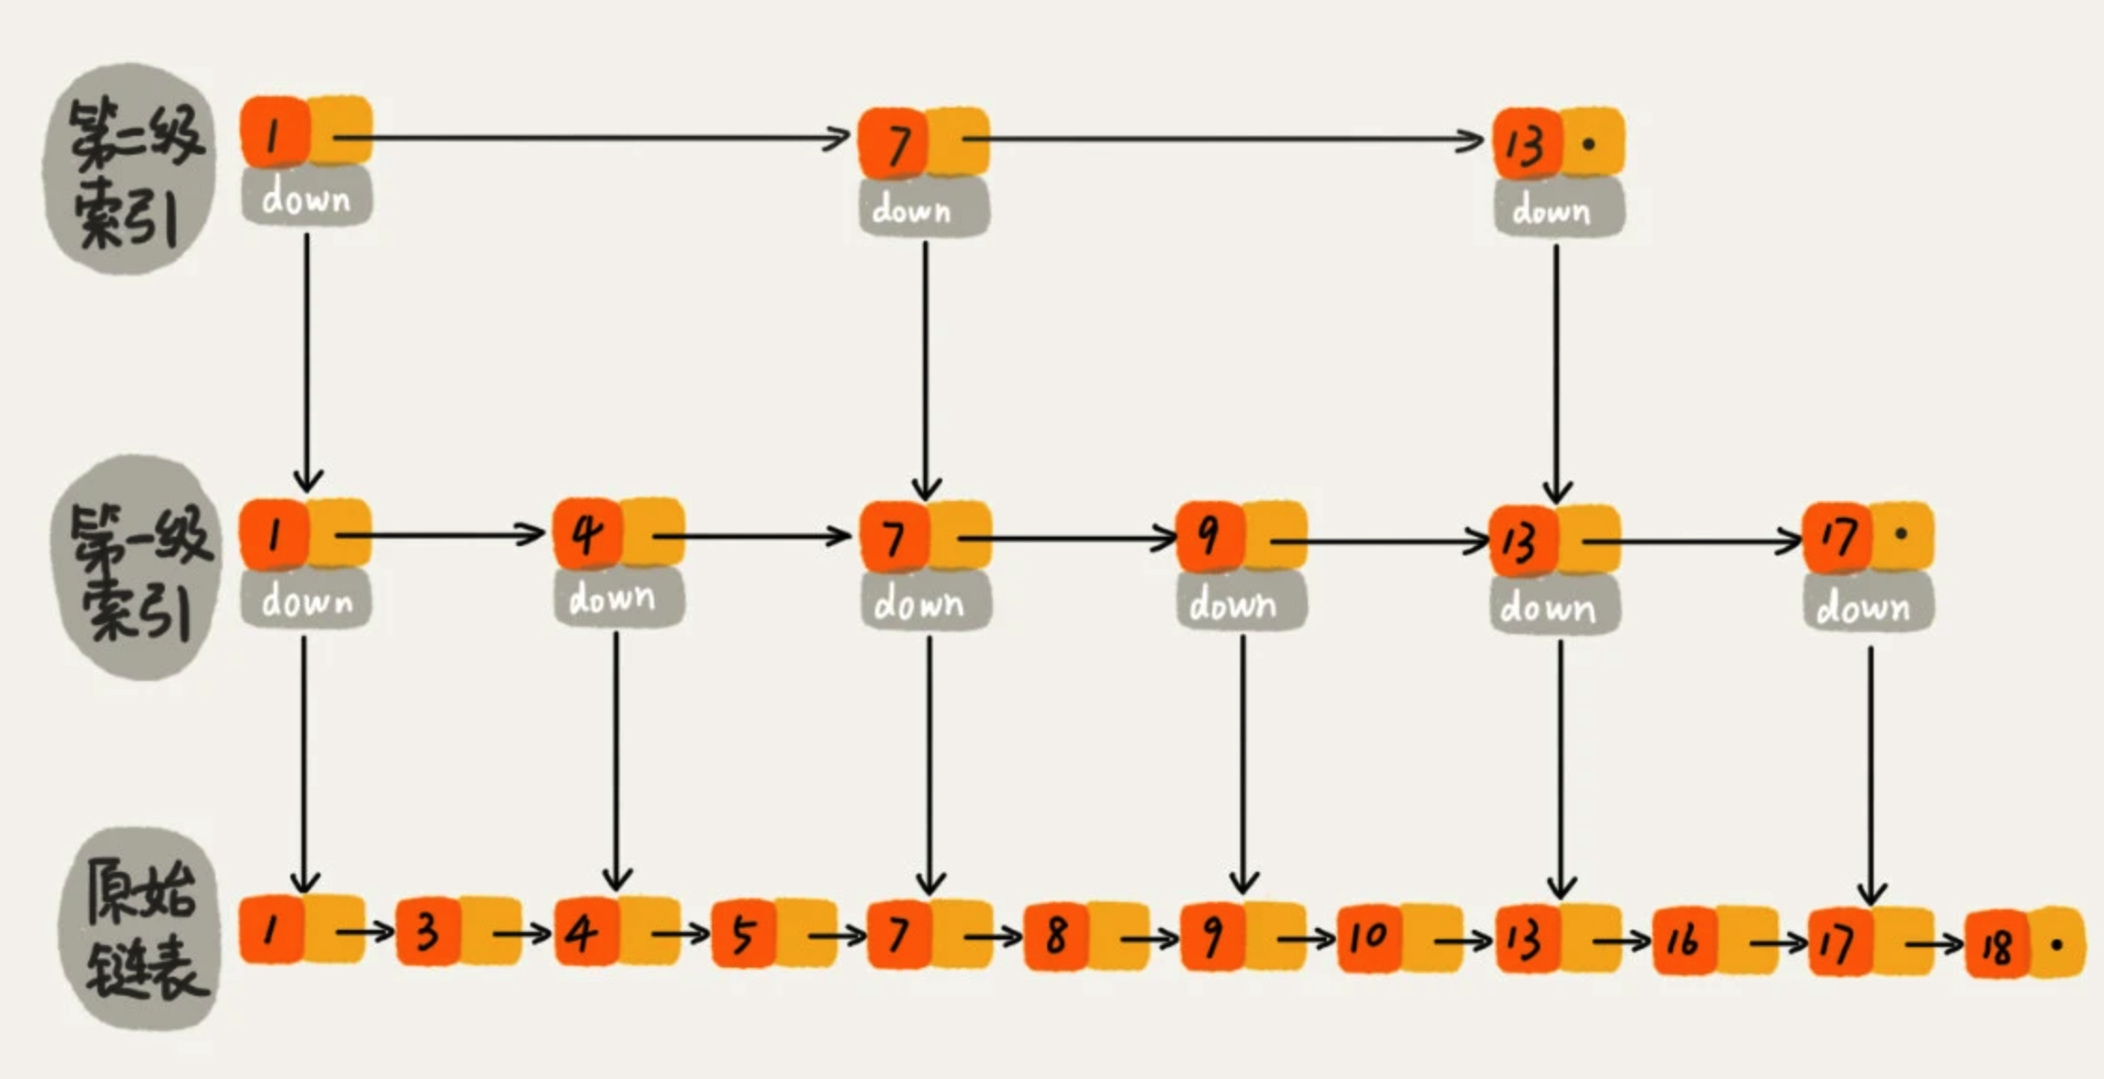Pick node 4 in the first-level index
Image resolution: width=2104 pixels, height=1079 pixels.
(586, 535)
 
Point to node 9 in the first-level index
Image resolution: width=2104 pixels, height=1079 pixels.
(1209, 537)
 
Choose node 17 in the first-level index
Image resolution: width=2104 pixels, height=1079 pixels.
(1837, 537)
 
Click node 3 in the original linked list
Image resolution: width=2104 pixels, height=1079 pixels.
(427, 932)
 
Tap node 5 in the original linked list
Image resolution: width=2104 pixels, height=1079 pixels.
(743, 934)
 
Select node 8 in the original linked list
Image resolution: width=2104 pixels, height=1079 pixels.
(1056, 934)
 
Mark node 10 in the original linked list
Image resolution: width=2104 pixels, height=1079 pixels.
(1369, 936)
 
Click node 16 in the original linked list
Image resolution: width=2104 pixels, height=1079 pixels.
(1683, 939)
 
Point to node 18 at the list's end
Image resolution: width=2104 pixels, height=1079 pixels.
(1996, 945)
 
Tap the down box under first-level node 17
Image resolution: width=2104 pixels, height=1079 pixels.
(1868, 607)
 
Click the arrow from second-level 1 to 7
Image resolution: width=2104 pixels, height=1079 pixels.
(590, 139)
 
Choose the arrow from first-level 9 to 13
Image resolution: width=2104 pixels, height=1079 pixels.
(1377, 540)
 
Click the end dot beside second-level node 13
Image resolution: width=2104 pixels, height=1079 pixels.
(1589, 144)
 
